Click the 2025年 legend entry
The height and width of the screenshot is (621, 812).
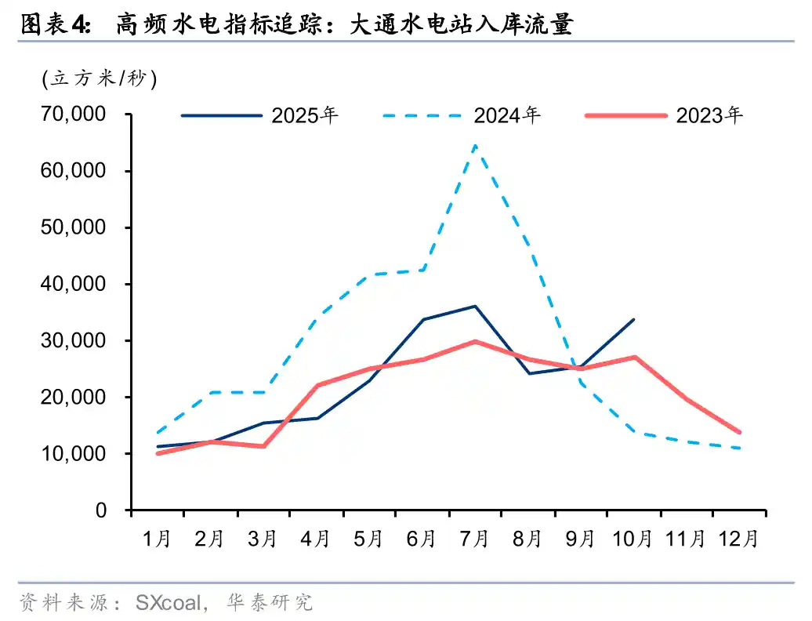[x=305, y=115]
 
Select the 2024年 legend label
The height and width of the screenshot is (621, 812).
[x=506, y=115]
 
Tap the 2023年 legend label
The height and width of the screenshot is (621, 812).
[x=709, y=115]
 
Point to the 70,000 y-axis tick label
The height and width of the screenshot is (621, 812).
[x=72, y=114]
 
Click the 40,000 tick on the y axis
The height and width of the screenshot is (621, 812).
[x=72, y=284]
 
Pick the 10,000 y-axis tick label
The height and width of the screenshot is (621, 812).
[x=72, y=454]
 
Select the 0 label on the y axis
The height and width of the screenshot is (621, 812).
[x=100, y=510]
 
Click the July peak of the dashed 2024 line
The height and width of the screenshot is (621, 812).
[x=475, y=145]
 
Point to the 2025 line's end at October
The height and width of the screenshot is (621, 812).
[x=633, y=319]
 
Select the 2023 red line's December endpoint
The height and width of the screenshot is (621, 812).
[x=739, y=432]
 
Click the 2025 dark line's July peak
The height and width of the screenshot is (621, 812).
[x=475, y=306]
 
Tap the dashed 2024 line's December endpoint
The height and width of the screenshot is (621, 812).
[x=739, y=448]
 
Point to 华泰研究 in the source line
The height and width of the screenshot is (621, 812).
[x=270, y=602]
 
